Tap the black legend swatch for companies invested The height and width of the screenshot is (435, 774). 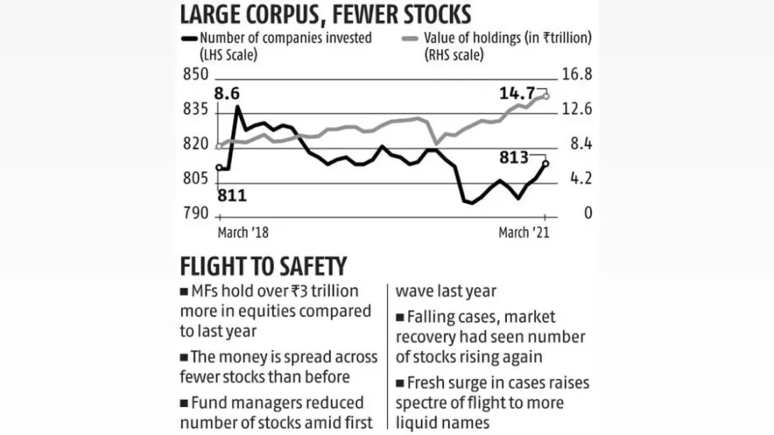point(190,39)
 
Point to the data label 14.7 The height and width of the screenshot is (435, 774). point(518,93)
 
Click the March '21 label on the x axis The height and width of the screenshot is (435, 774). point(523,233)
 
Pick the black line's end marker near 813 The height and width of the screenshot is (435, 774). point(545,164)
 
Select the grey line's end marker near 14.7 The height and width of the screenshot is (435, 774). point(545,96)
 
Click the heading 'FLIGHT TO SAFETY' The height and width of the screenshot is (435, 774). point(263,267)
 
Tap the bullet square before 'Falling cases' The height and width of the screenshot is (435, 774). point(400,316)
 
